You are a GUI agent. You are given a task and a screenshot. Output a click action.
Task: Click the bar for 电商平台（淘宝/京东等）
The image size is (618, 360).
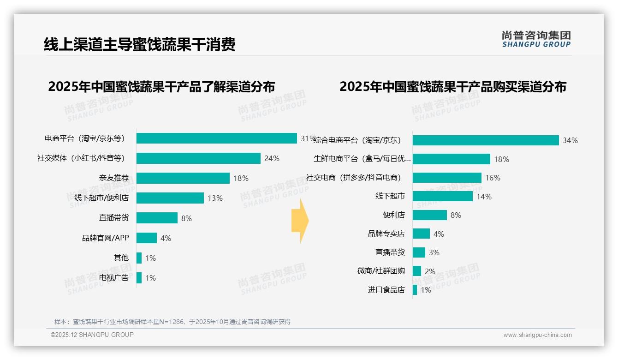pos(216,138)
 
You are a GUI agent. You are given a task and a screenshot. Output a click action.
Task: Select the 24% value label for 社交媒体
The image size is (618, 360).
pos(272,158)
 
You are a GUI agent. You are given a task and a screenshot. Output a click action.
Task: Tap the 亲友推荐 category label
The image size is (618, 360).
pos(114,178)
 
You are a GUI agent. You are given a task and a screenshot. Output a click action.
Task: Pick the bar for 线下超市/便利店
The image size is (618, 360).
pos(170,198)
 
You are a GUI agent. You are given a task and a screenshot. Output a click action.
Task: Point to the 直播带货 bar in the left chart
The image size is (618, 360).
pos(157,218)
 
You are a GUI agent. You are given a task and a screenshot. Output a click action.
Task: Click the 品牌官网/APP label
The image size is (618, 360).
pos(106,238)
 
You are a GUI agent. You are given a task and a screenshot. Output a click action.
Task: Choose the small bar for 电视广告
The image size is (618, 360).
pos(139,278)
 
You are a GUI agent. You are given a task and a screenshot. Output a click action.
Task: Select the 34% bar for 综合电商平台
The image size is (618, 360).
pos(486,140)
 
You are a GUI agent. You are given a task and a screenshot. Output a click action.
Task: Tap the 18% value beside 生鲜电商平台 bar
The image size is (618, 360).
pos(501,159)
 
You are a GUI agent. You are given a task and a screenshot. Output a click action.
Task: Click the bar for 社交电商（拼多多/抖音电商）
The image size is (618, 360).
pos(447,178)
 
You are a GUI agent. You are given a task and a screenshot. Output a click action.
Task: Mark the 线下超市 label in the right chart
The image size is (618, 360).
pos(390,196)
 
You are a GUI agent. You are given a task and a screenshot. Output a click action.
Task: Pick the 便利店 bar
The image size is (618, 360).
pos(429,215)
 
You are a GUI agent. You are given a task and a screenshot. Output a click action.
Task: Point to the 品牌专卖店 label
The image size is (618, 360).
pos(386,234)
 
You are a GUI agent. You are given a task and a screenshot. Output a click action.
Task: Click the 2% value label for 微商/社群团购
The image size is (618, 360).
pos(430,271)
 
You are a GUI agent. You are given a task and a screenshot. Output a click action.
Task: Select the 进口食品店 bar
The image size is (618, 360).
pos(415,290)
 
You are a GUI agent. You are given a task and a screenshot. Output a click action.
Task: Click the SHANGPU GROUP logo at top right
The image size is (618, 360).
pos(536,39)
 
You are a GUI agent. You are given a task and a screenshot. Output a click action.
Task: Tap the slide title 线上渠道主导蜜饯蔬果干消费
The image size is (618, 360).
pos(140,45)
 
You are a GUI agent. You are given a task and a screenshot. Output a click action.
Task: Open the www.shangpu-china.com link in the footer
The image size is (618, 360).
pos(537,335)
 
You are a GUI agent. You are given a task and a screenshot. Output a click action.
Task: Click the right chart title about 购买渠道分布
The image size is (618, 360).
pos(453,87)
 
